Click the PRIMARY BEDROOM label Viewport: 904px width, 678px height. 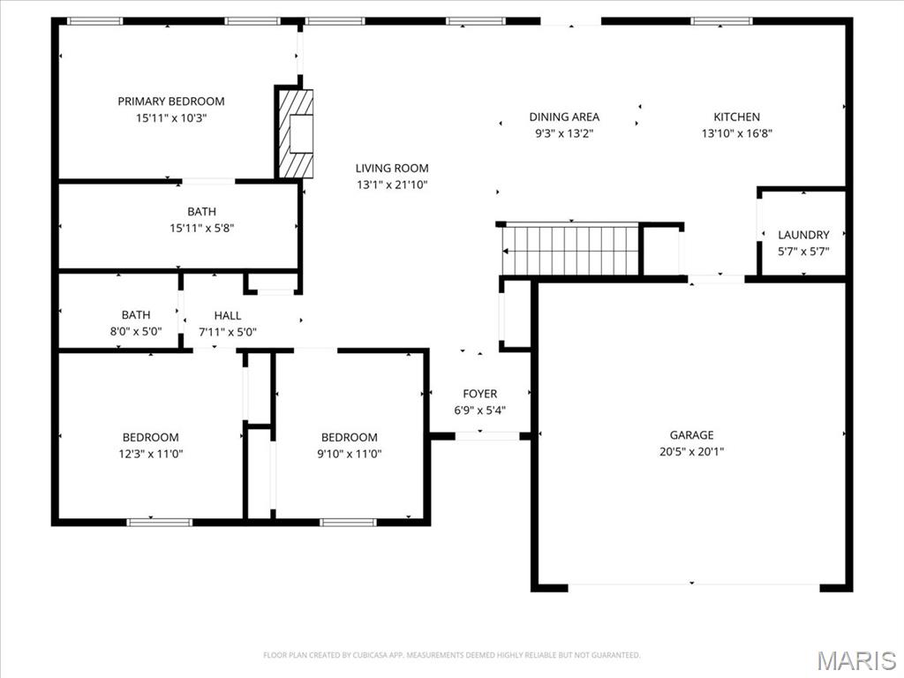[171, 102]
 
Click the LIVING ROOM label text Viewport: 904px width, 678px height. [392, 168]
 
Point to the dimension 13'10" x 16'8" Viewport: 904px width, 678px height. [736, 133]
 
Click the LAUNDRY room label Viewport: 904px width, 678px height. [803, 235]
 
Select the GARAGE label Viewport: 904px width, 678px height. [691, 434]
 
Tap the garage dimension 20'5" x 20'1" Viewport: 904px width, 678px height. [691, 451]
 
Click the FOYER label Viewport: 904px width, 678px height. [480, 394]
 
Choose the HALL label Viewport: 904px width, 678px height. [227, 315]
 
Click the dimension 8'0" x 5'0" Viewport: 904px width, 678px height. [136, 331]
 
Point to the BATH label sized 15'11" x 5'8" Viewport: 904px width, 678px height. [201, 212]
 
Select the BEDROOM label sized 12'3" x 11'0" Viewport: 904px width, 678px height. [150, 437]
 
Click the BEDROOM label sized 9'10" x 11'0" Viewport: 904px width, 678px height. [349, 437]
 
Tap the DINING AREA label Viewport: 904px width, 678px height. [564, 117]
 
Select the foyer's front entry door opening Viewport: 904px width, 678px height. [486, 435]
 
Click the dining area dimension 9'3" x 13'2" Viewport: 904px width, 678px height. [564, 133]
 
